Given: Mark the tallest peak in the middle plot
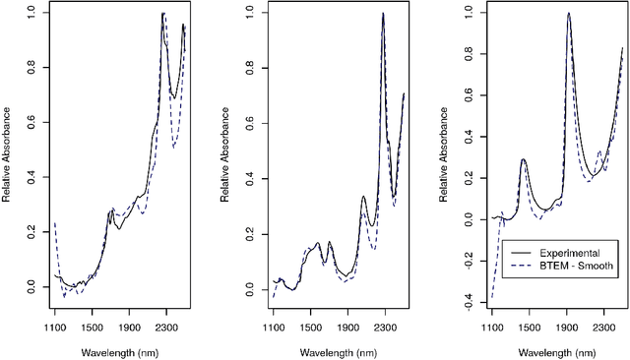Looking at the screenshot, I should tap(383, 13).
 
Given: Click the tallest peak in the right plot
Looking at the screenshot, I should tap(569, 13).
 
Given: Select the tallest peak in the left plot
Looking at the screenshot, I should tap(163, 13).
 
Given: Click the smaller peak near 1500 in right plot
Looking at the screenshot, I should tap(523, 158).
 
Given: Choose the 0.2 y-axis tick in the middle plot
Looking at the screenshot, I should tap(250, 232).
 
